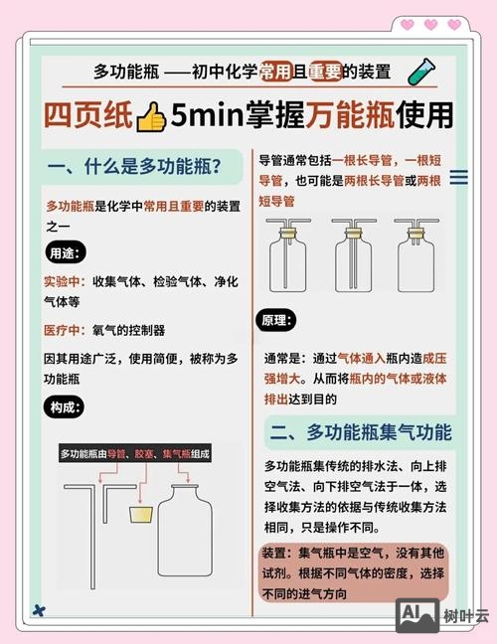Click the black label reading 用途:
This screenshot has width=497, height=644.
(65, 252)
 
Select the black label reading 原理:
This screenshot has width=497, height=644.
(278, 322)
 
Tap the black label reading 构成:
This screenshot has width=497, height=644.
(65, 407)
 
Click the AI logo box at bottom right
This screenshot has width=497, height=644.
(415, 615)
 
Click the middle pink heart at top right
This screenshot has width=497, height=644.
(430, 24)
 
